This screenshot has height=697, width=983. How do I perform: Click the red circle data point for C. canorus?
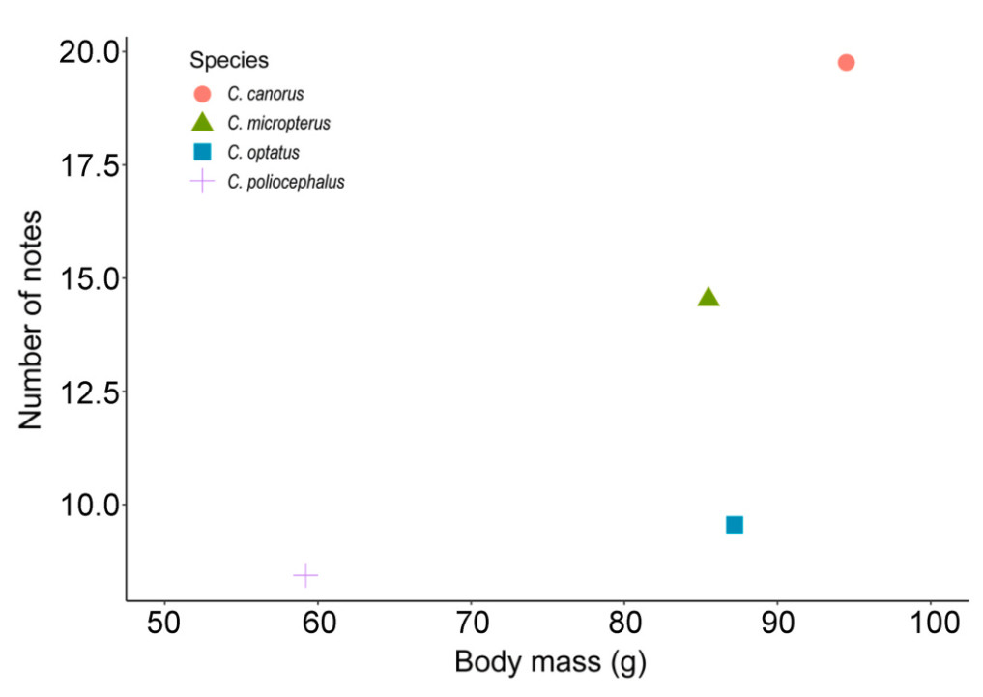coord(846,63)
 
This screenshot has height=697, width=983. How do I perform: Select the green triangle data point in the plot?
coord(708,298)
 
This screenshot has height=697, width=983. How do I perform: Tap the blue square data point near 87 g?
coord(735,525)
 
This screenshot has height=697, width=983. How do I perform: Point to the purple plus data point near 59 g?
coord(305,576)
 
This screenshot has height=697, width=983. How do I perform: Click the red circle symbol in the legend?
coord(202,94)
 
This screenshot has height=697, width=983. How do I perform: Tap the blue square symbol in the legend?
coord(202,152)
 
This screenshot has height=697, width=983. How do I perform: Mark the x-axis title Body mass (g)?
coord(550,663)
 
